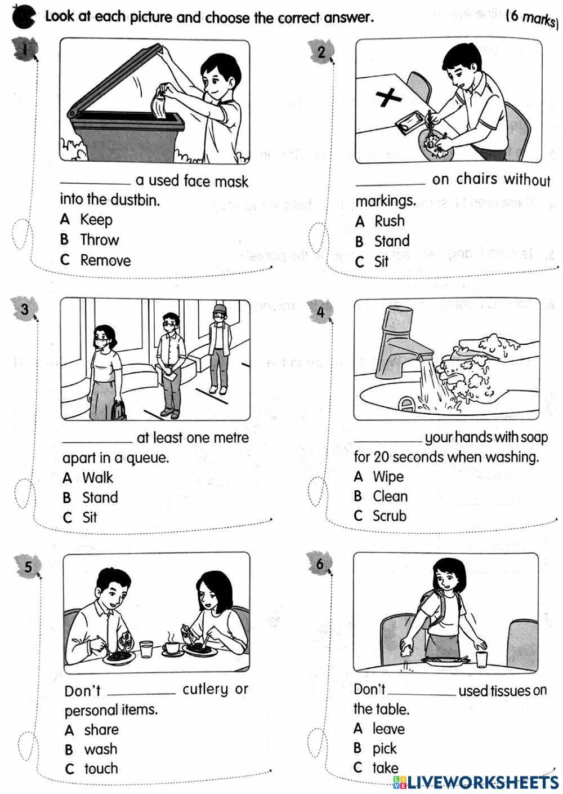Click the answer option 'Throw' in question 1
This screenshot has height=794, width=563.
[99, 240]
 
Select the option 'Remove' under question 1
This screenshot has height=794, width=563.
[105, 260]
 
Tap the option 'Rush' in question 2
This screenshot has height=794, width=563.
[389, 221]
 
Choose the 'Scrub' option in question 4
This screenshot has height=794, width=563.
[389, 516]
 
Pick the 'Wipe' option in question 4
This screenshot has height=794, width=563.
[388, 477]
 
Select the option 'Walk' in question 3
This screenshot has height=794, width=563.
[97, 478]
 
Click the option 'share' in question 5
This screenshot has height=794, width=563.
[101, 730]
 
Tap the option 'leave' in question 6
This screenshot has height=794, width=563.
[388, 729]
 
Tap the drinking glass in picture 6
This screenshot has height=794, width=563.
[481, 659]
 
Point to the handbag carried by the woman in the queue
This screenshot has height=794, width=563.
[119, 409]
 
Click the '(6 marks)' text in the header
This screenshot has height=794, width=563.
[531, 18]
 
